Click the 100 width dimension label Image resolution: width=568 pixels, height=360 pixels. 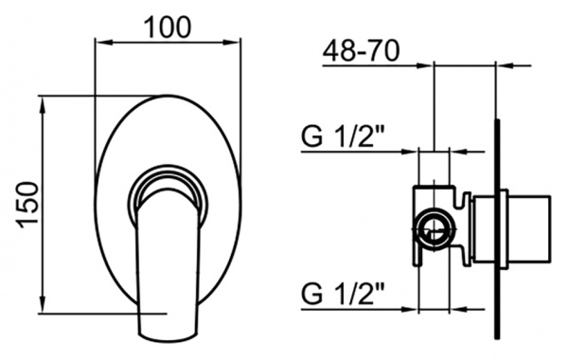click(x=168, y=27)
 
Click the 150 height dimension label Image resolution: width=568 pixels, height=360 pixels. click(x=27, y=205)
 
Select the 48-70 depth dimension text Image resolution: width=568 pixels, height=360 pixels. click(x=362, y=51)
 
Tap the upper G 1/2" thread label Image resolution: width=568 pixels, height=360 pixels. click(x=343, y=136)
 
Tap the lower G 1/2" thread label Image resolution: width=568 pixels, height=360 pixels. click(x=343, y=294)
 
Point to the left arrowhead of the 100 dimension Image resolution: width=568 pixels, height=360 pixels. click(x=102, y=43)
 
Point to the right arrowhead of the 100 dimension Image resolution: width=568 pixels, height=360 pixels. click(x=232, y=43)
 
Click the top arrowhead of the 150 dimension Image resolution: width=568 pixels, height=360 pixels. click(x=43, y=104)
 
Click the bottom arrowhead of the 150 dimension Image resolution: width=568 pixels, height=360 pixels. click(x=43, y=304)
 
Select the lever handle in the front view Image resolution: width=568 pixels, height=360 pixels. click(x=169, y=268)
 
